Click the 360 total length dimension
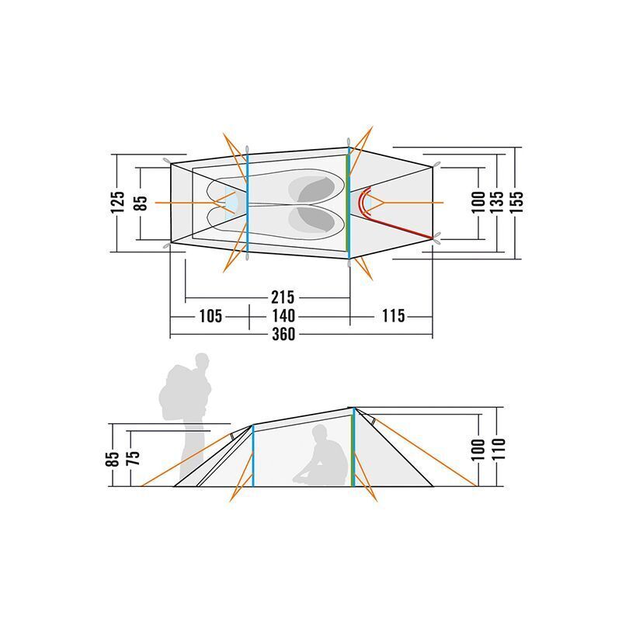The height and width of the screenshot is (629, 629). click(283, 334)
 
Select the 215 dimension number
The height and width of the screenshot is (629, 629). click(283, 297)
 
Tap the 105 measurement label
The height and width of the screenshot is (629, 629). click(210, 316)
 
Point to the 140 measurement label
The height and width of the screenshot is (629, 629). click(283, 316)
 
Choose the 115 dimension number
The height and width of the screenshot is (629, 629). click(393, 316)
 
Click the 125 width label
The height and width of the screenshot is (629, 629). click(117, 203)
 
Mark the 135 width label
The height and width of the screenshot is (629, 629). click(496, 203)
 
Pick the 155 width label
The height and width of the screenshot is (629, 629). click(517, 203)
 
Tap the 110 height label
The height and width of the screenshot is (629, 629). click(499, 450)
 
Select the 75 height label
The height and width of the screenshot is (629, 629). click(134, 458)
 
